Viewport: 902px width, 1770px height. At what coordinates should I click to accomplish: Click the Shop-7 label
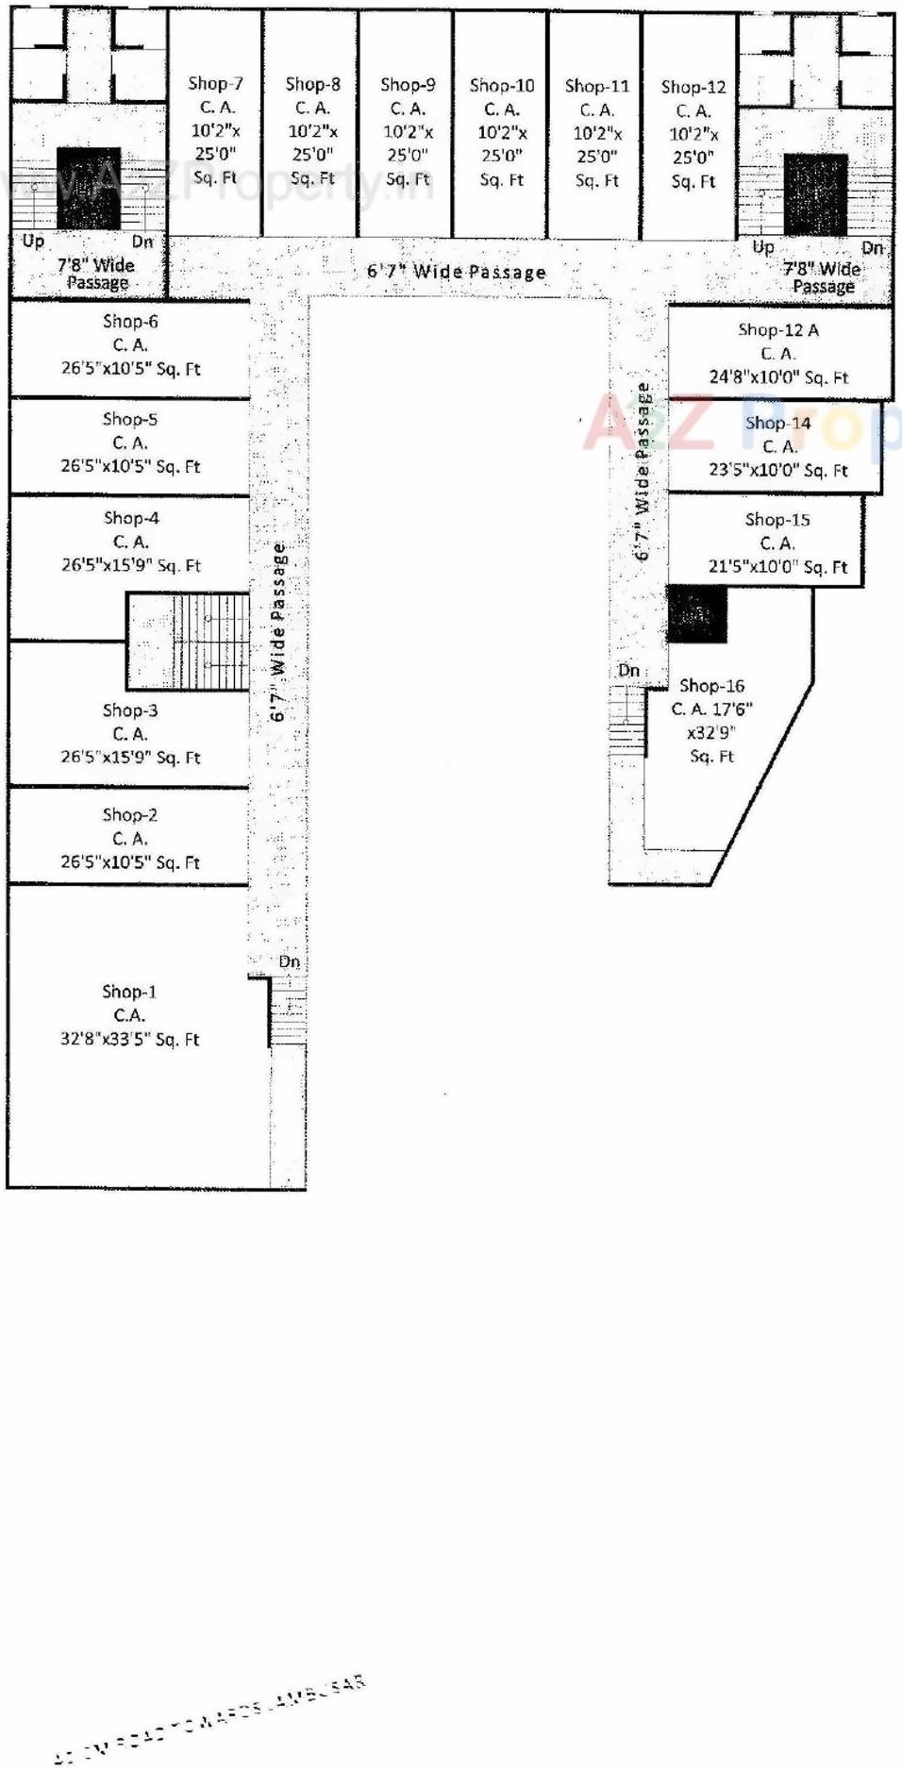(x=215, y=84)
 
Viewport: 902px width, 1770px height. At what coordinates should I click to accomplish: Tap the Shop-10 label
(x=502, y=86)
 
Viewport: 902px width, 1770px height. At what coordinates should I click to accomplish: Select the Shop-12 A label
(x=777, y=330)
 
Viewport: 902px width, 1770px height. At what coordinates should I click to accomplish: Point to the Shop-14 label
(x=777, y=424)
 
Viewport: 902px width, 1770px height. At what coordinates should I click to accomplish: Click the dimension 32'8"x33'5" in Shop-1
(x=129, y=1040)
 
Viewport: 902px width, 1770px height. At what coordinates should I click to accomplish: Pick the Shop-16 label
(x=711, y=686)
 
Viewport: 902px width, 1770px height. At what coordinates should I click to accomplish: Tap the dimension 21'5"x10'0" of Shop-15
(x=777, y=567)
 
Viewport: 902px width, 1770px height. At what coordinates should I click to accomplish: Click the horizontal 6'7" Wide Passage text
(x=456, y=273)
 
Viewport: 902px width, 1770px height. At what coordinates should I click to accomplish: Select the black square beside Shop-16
(x=696, y=614)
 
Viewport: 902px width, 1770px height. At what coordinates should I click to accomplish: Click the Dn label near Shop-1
(x=289, y=962)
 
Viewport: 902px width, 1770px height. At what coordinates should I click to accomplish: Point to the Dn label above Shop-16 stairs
(x=628, y=671)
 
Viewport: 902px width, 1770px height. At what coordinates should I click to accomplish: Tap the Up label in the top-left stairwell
(x=33, y=242)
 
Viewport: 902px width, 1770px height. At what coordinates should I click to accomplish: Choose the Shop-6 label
(x=130, y=322)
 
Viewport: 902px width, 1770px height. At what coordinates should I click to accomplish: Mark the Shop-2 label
(x=130, y=815)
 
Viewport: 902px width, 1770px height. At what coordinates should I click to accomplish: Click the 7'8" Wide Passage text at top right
(x=822, y=277)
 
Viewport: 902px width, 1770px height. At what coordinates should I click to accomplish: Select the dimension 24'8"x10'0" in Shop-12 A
(x=777, y=377)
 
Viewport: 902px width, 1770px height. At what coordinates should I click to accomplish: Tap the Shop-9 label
(x=408, y=85)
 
